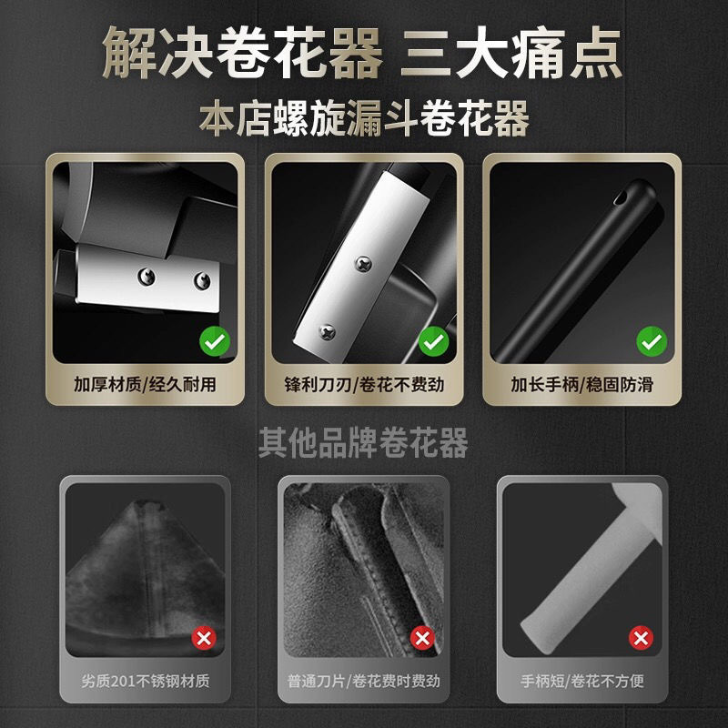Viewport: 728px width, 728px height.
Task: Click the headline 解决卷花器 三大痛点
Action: pos(364,53)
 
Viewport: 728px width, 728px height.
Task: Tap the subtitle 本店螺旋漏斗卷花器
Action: pos(364,119)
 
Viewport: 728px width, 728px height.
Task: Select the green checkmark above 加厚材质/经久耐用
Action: pos(216,342)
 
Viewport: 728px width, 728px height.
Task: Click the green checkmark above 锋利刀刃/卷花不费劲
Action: pos(433,342)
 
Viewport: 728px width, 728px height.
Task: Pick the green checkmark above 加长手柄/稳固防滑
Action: pos(651,342)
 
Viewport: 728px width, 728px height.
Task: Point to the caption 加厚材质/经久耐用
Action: pos(147,384)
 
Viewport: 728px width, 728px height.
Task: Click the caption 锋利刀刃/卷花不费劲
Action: pos(364,384)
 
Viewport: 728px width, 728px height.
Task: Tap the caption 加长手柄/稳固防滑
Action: pos(581,384)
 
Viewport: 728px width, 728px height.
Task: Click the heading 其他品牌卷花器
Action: pos(364,443)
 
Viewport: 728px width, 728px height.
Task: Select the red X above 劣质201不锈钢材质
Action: pos(204,638)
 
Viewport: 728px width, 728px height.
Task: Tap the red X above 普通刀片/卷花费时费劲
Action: pos(421,638)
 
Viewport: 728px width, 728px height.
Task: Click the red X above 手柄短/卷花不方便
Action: pos(642,637)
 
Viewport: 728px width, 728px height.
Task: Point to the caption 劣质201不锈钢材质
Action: pos(147,680)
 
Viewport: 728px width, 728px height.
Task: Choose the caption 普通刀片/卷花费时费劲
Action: pos(364,680)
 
